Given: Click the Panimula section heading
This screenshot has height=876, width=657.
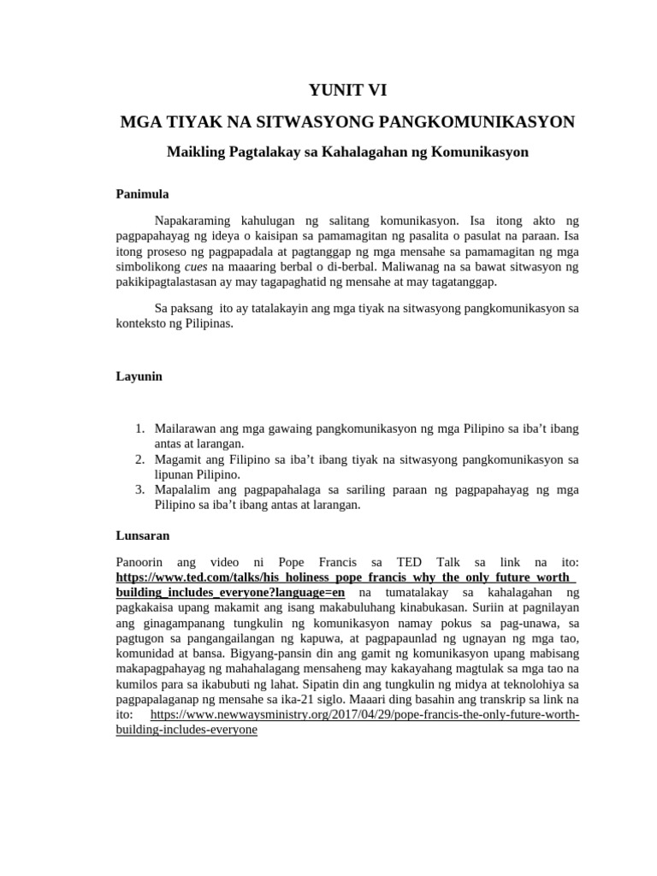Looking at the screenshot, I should tap(142, 194).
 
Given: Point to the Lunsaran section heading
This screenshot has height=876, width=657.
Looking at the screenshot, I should tap(142, 536).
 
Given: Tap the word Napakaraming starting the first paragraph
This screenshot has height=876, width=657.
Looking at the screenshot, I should tap(198, 220).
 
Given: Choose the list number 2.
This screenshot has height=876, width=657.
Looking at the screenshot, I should tap(140, 459).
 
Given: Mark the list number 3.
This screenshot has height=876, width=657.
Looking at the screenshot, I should tap(140, 490).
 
